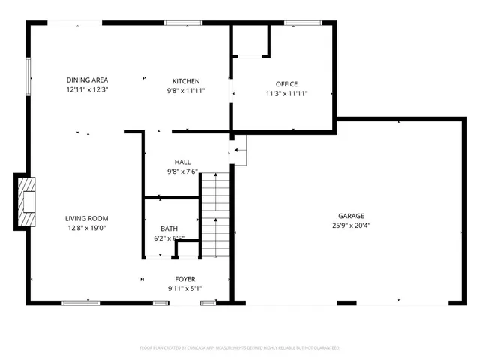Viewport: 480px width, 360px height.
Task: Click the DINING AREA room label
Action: point(88,80)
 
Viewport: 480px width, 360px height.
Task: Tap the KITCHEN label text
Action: point(186,80)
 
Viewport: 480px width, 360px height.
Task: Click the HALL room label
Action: point(182,162)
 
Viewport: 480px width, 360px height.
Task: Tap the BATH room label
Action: point(169,229)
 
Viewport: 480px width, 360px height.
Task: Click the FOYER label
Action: point(185,279)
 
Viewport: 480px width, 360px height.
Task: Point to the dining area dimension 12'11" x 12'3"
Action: point(88,89)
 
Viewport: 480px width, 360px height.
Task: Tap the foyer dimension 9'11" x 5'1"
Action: point(185,288)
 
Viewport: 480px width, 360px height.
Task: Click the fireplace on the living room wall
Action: point(25,201)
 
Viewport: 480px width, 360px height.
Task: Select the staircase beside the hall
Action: point(214,214)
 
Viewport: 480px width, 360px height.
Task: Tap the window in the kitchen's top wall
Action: point(178,23)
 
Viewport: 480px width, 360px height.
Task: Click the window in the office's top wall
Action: point(298,23)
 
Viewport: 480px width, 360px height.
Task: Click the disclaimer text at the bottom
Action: point(240,348)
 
